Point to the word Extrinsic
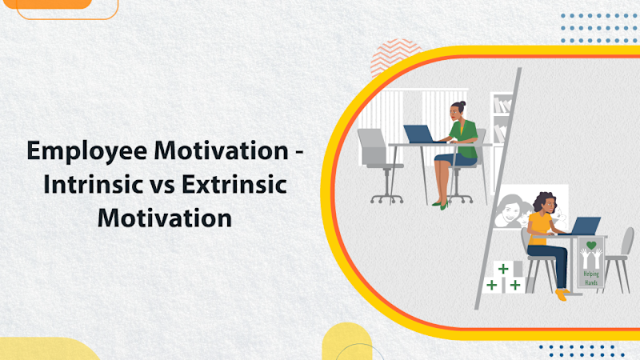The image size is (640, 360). (233, 184)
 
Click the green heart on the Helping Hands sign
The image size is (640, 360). (591, 246)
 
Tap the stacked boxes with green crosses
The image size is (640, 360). (504, 277)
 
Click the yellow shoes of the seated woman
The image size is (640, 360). (562, 294)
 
